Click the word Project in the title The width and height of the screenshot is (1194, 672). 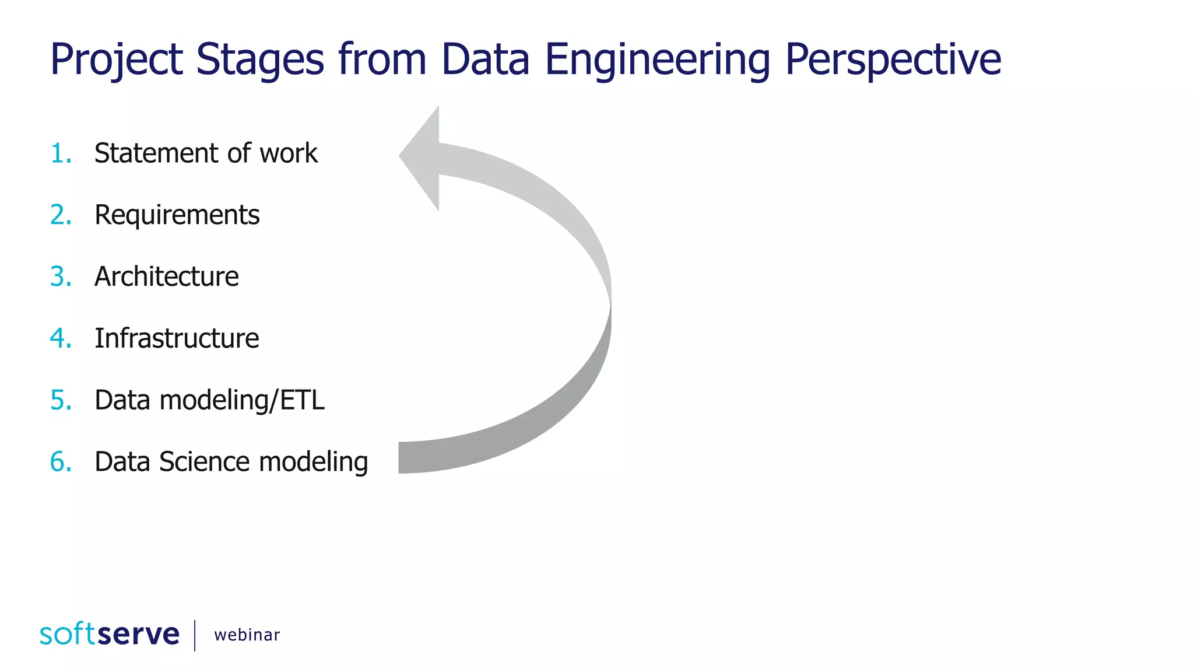tap(117, 60)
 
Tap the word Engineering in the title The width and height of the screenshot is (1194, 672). tap(657, 60)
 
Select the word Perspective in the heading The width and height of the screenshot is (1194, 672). tap(893, 60)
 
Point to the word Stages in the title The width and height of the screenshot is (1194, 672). tap(259, 60)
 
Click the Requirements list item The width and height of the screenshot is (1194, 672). tap(177, 215)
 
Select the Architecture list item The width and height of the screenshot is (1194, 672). tap(166, 276)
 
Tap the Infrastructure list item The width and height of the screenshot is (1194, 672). tap(177, 338)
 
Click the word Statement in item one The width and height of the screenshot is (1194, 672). tap(156, 153)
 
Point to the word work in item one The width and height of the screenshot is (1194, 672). tap(289, 153)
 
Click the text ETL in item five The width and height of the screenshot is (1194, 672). tap(302, 400)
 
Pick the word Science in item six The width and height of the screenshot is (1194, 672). tap(205, 462)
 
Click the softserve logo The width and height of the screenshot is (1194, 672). tap(110, 634)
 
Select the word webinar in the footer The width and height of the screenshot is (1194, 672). tap(247, 635)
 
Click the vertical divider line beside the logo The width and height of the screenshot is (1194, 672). tap(195, 635)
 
